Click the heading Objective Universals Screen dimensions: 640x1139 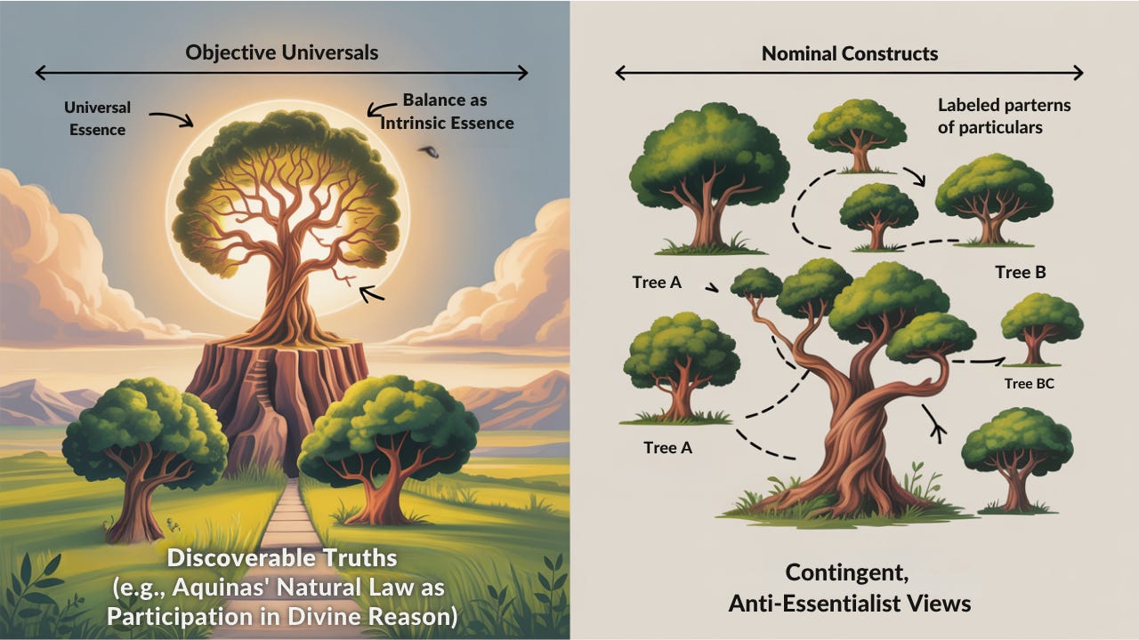(x=281, y=52)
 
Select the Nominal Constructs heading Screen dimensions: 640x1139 (x=849, y=53)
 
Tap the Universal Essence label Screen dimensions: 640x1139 (x=97, y=118)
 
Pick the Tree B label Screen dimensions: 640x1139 (x=1020, y=272)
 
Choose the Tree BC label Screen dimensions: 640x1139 (x=1030, y=384)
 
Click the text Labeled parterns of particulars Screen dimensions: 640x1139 (x=1004, y=116)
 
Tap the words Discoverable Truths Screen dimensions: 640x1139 (x=282, y=559)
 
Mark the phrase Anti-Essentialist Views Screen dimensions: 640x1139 (x=849, y=603)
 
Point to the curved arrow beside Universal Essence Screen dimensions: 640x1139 (x=171, y=116)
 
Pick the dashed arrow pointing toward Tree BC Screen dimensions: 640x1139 (x=976, y=362)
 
